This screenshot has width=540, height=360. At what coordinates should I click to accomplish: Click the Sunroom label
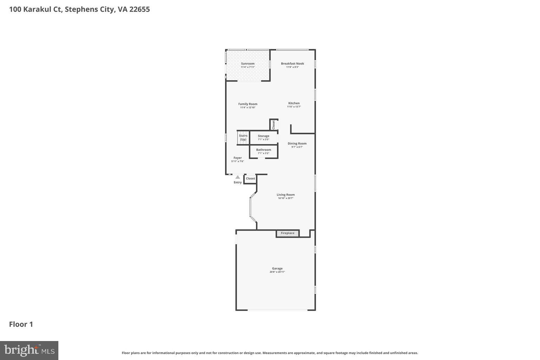point(247,64)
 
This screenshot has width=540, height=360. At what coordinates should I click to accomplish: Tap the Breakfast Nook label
point(292,64)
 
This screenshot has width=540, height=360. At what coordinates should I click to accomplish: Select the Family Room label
point(247,104)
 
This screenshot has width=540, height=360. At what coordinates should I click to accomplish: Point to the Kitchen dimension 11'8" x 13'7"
point(294,107)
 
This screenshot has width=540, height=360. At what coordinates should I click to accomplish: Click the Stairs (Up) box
point(243,137)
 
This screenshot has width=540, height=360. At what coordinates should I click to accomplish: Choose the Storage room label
point(263,136)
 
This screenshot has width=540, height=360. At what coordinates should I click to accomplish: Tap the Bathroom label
point(263,150)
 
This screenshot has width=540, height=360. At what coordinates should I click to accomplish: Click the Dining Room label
point(297,143)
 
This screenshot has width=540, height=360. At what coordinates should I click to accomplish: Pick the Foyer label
point(238,158)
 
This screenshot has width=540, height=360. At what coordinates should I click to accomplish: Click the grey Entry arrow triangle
point(238,177)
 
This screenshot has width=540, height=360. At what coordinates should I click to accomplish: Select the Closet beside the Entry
point(250,179)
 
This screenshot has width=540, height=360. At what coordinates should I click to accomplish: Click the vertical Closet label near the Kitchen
point(274,125)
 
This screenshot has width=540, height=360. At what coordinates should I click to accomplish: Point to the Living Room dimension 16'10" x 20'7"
point(285,198)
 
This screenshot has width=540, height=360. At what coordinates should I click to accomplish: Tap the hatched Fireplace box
point(288,233)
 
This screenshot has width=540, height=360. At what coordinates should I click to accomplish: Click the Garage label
point(277,269)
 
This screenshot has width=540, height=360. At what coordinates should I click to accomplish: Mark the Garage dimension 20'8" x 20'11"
point(277,272)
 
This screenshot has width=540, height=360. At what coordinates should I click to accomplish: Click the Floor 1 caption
point(21,324)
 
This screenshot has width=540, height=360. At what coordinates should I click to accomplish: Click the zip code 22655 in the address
point(139,9)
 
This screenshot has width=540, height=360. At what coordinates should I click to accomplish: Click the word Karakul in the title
point(37,9)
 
